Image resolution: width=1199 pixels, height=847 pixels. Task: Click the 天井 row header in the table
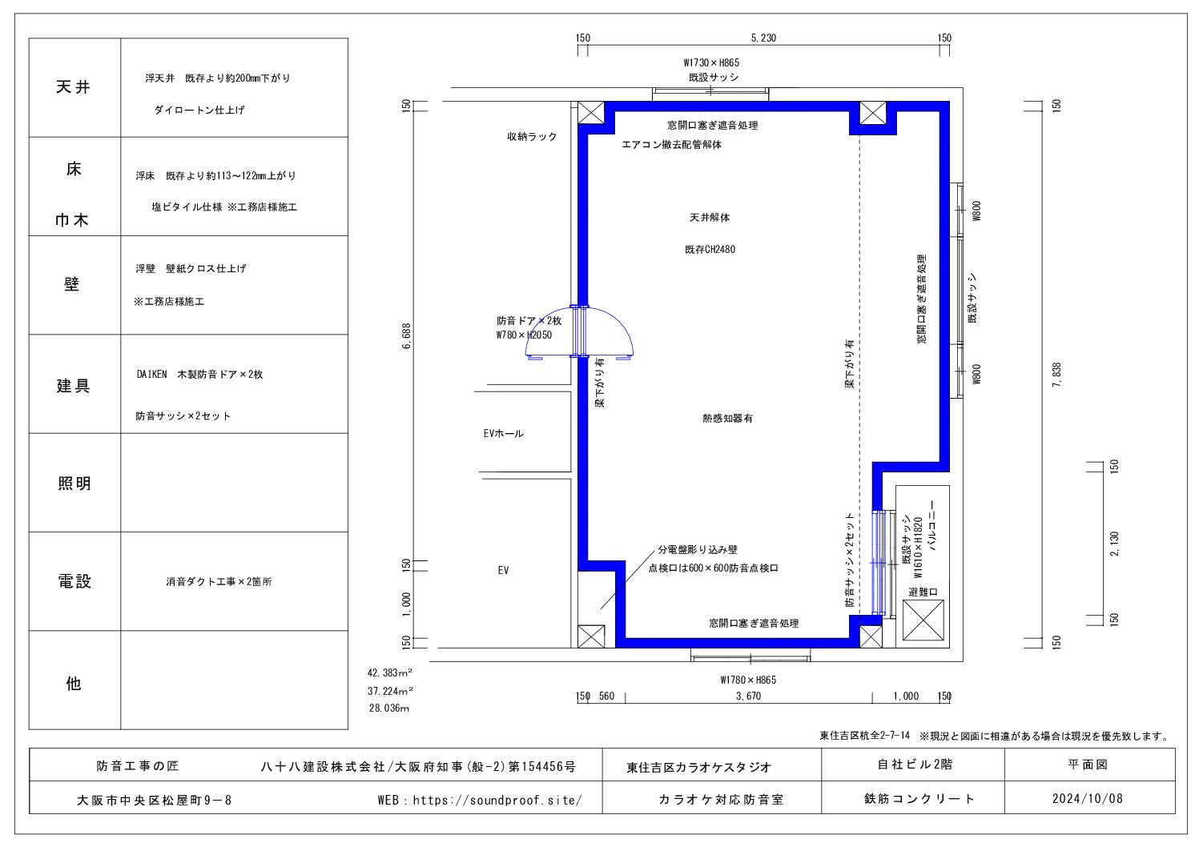coord(74,87)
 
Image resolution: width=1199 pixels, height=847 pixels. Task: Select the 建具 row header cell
coord(74,384)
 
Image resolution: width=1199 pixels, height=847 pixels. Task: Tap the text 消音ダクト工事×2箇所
coord(219,581)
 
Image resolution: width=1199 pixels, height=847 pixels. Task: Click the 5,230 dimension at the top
coord(763,38)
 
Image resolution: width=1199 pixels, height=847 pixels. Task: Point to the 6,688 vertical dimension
coord(407,336)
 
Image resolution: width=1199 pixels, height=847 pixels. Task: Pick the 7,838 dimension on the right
coord(1056,375)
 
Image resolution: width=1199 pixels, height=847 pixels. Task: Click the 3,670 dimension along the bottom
coord(748,696)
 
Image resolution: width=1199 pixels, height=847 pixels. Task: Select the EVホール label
coord(503,433)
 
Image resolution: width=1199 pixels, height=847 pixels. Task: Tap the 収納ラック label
coord(532,137)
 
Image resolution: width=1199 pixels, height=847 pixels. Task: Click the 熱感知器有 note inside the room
coord(727,419)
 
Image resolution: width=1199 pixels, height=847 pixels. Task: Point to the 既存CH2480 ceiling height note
coord(710,249)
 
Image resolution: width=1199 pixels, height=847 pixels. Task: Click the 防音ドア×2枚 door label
coord(529,321)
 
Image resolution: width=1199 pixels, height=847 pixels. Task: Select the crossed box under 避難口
coord(923,620)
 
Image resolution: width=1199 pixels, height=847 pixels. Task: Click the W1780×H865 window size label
coord(748,680)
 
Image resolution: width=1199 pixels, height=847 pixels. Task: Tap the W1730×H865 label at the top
coord(711,63)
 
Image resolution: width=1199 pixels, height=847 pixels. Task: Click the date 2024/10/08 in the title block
coord(1087,798)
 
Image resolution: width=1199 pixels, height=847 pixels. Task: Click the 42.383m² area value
coord(390,672)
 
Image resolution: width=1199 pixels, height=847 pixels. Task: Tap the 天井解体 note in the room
coord(710,218)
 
